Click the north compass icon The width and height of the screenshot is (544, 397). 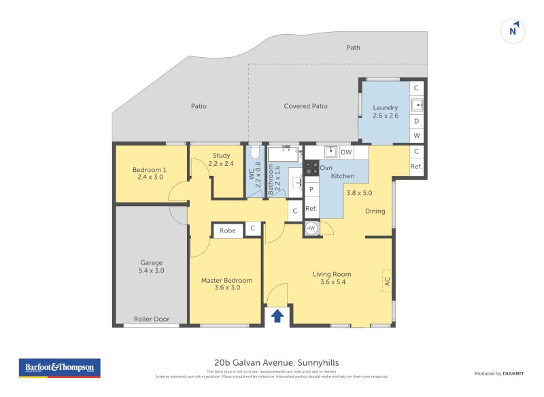tap(514, 30)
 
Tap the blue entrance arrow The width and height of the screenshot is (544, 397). tap(277, 315)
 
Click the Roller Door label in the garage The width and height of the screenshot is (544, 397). tap(152, 319)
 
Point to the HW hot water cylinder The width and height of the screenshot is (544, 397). tap(311, 228)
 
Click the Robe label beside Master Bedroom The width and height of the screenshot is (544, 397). tap(228, 230)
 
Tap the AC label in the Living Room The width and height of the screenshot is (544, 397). tap(387, 280)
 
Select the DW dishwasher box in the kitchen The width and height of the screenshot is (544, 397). tap(346, 152)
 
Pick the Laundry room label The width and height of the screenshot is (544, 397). tap(386, 107)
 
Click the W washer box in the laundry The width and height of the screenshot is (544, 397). tap(417, 136)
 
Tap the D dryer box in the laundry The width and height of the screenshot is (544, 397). tap(417, 121)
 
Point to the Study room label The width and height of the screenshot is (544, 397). tap(221, 156)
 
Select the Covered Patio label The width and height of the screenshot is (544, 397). tap(305, 106)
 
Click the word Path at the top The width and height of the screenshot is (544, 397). tap(353, 48)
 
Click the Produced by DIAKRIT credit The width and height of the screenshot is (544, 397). tap(502, 374)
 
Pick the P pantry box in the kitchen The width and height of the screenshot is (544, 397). tap(311, 190)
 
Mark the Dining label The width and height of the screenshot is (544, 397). tap(375, 211)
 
